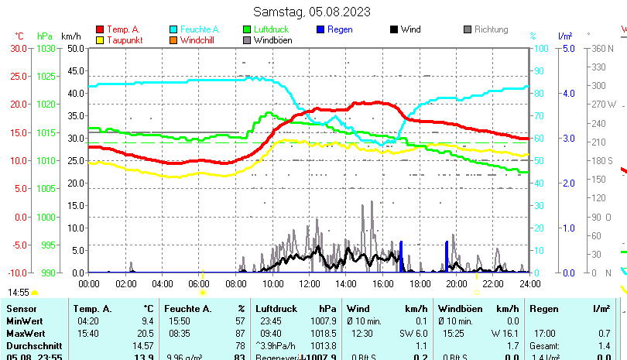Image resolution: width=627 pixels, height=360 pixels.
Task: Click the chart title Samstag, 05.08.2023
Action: coord(312,12)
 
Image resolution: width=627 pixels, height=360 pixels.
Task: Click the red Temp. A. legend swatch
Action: coord(101,29)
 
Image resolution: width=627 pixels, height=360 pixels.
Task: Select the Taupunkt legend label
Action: coord(125,40)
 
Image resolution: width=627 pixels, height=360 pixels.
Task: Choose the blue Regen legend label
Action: coord(340,29)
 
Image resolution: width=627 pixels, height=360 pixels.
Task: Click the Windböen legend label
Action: coord(272,40)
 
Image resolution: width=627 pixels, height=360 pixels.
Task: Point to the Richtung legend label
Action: coord(491,29)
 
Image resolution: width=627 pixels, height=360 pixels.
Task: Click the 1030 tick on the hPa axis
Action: coord(46,48)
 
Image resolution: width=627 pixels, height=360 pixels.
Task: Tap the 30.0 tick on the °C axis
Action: coord(18,48)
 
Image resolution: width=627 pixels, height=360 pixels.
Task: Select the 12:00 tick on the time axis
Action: coord(309,284)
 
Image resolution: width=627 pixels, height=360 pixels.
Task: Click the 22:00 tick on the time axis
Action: coord(493,284)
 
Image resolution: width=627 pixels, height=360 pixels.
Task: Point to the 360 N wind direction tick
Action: coord(602,48)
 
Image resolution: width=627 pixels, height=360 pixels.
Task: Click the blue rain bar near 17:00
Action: coord(401,256)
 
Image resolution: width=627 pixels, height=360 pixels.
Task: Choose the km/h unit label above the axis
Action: coord(70,36)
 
